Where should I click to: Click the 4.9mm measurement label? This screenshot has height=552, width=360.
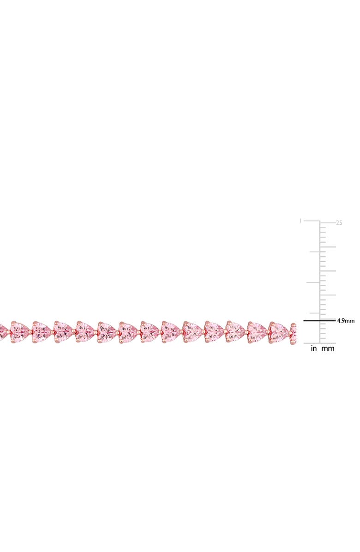346,320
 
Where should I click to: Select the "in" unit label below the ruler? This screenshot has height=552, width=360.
314,349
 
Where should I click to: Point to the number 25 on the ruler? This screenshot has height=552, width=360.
339,222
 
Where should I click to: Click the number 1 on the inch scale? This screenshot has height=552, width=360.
300,221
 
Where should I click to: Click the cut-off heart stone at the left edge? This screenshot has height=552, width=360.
2,330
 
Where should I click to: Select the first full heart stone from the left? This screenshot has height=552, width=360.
20,331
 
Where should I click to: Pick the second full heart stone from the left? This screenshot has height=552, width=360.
42,331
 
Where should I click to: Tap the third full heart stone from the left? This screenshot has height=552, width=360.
63,331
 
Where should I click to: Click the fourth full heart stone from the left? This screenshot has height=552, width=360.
85,331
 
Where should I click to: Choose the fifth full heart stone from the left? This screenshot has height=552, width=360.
107,331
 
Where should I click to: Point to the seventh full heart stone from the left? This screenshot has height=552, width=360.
150,331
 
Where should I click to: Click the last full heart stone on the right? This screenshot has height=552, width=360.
278,331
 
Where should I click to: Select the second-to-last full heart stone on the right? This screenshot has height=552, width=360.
257,331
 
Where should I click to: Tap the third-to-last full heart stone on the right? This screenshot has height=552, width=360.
235,331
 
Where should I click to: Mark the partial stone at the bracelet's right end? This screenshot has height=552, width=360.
294,330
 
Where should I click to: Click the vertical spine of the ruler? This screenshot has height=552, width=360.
319,277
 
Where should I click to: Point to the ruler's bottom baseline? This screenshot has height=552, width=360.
319,343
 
